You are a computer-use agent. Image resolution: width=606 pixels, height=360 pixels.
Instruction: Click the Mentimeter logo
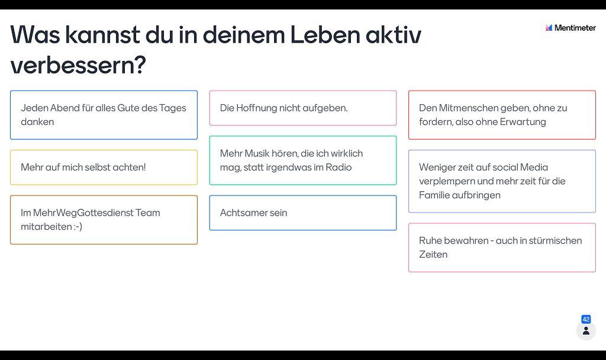click(x=570, y=28)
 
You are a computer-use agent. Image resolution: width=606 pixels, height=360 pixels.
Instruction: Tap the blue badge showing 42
click(x=586, y=319)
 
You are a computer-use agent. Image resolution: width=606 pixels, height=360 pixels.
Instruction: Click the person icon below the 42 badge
click(x=586, y=331)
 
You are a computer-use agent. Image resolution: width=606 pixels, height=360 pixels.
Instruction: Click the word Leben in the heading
click(x=325, y=35)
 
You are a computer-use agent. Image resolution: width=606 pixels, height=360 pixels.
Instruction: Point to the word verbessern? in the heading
click(x=78, y=65)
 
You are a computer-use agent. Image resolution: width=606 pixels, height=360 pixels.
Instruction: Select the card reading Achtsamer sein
click(x=303, y=213)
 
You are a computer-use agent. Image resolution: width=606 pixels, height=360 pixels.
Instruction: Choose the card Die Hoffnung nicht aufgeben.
click(x=303, y=108)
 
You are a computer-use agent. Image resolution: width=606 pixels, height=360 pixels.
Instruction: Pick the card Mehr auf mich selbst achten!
click(x=104, y=168)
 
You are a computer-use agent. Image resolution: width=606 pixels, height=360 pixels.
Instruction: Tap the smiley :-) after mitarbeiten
click(x=78, y=227)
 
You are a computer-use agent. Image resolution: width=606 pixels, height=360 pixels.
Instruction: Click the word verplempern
click(x=447, y=181)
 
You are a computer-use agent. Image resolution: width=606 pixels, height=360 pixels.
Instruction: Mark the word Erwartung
click(x=523, y=122)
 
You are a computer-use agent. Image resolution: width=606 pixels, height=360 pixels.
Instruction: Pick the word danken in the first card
click(x=37, y=122)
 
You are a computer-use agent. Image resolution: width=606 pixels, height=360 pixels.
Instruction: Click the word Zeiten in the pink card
click(x=433, y=255)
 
